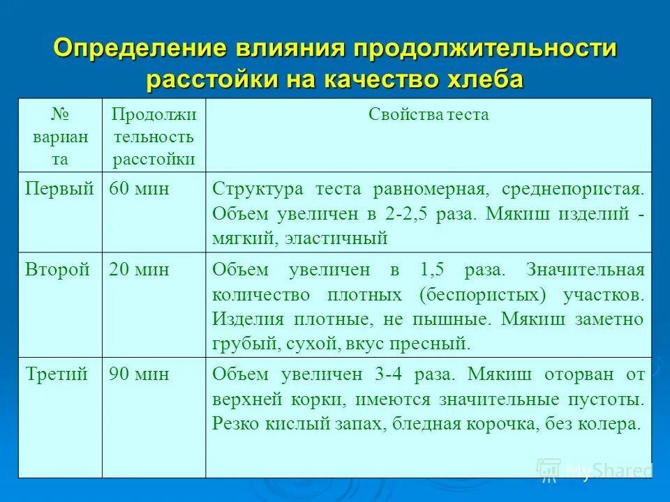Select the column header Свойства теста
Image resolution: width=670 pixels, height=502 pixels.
(429, 115)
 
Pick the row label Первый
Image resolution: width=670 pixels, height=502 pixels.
(59, 188)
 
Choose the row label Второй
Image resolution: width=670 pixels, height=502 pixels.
(58, 270)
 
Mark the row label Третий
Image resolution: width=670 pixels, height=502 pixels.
(57, 374)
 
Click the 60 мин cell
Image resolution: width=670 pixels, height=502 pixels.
(139, 188)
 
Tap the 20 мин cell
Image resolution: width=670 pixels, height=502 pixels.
(139, 270)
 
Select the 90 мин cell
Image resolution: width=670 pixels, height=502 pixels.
(139, 374)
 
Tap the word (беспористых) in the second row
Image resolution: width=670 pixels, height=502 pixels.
(482, 294)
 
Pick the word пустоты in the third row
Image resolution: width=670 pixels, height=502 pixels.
(606, 400)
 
